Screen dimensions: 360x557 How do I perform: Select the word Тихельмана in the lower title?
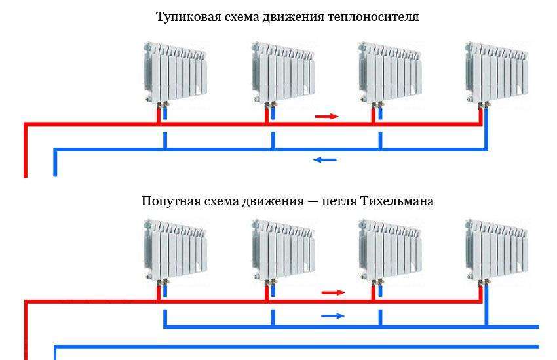pyautogui.click(x=396, y=201)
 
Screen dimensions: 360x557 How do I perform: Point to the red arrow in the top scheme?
pyautogui.click(x=326, y=117)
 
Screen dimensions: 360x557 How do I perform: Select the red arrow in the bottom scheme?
pyautogui.click(x=332, y=292)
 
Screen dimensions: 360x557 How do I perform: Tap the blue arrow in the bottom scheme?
pyautogui.click(x=332, y=316)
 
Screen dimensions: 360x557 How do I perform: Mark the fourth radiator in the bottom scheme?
pyautogui.click(x=497, y=249)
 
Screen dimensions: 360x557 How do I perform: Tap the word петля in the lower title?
pyautogui.click(x=338, y=201)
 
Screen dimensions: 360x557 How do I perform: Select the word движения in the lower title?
pyautogui.click(x=271, y=201)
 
